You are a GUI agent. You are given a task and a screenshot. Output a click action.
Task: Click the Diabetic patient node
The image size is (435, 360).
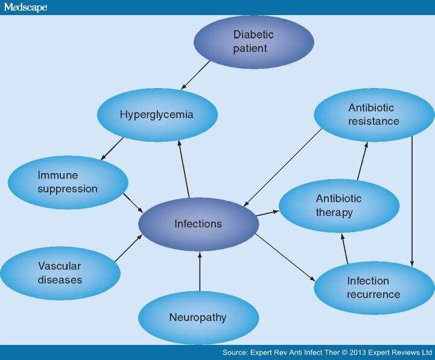point(254,42)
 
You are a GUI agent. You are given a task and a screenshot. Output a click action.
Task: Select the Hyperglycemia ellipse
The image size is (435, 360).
point(157,115)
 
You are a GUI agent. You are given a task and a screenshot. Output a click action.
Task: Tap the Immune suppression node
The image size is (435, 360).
point(68,182)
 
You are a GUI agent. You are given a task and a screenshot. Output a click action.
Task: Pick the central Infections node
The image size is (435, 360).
point(198,224)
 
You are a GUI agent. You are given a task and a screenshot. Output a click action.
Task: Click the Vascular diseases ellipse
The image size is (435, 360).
point(60,273)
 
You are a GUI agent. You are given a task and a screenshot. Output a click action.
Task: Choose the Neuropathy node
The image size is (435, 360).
point(198,318)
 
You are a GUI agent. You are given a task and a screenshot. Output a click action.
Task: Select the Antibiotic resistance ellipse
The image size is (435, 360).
point(374,115)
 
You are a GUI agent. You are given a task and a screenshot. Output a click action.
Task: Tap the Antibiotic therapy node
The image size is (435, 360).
point(339,206)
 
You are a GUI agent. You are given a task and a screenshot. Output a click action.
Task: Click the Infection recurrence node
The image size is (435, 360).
point(374,288)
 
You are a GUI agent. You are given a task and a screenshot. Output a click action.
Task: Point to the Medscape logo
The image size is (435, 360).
point(25,7)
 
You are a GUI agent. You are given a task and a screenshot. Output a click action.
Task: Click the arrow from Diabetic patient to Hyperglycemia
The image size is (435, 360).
point(195,75)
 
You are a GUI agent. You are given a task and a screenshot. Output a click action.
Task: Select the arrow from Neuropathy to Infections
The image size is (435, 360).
point(200,271)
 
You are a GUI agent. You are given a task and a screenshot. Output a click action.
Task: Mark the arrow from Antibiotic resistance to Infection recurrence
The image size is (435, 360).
point(412,201)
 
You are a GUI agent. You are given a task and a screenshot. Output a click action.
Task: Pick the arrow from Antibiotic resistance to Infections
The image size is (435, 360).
point(282,167)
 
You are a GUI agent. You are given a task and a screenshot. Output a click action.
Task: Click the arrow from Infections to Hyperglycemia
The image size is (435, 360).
point(183,169)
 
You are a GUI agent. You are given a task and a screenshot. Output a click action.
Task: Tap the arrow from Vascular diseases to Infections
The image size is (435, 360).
point(129,248)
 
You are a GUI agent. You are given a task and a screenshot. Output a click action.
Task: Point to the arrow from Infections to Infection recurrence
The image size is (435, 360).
point(285,257)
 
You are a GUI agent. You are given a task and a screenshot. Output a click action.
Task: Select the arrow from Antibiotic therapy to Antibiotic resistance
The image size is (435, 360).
point(363,161)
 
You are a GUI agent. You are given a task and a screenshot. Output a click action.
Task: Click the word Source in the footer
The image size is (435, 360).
point(235,353)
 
